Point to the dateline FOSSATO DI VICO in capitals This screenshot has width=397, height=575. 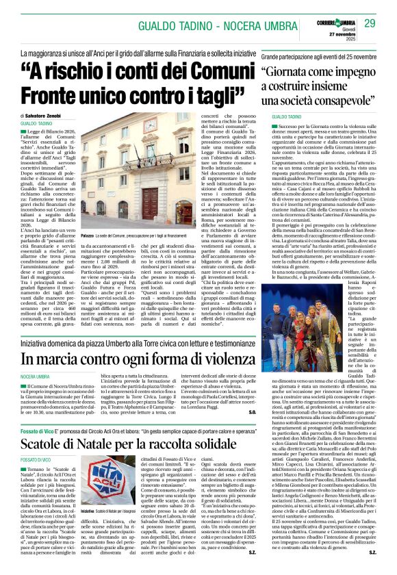pyautogui.click(x=36, y=461)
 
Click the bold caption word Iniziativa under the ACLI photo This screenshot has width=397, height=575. pyautogui.click(x=90, y=531)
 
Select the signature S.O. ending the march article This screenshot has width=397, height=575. pyautogui.click(x=251, y=412)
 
